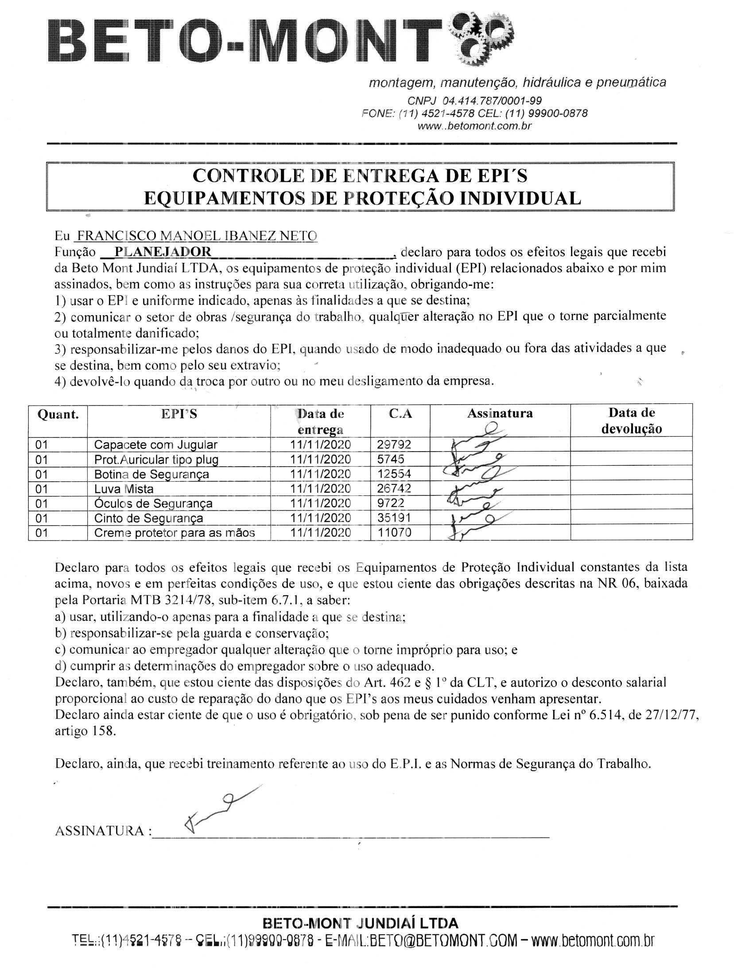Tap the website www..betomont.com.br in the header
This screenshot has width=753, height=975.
tap(474, 126)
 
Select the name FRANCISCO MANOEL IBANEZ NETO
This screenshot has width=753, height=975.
tap(197, 236)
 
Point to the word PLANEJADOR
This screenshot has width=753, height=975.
tap(163, 252)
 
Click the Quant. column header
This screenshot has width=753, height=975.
tap(58, 414)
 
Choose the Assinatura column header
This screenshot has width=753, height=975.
tap(500, 413)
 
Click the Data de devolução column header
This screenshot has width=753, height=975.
tap(631, 421)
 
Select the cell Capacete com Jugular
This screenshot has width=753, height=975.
tap(155, 445)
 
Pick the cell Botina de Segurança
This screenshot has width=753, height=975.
tap(151, 474)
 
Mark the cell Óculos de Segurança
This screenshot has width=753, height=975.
tap(153, 503)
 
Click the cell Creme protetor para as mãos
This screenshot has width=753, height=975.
tap(175, 533)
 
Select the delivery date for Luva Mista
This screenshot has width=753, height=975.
tap(320, 489)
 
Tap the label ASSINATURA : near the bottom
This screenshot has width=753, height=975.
tap(103, 831)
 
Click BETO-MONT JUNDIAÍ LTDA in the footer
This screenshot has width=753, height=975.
tap(361, 924)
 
